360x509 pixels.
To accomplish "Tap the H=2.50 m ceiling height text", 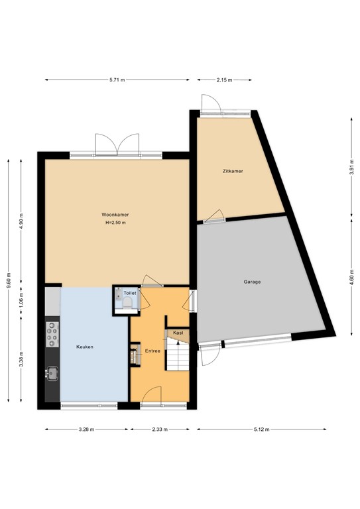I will pyautogui.click(x=115, y=223).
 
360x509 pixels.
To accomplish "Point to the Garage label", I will pyautogui.click(x=251, y=282).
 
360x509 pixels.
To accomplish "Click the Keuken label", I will pyautogui.click(x=84, y=346).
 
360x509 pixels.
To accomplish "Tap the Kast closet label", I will pyautogui.click(x=178, y=333).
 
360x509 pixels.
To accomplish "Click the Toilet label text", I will pyautogui.click(x=129, y=292).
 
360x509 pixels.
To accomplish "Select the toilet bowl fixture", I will pyautogui.click(x=126, y=304).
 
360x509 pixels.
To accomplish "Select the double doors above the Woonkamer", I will pyautogui.click(x=117, y=144).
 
